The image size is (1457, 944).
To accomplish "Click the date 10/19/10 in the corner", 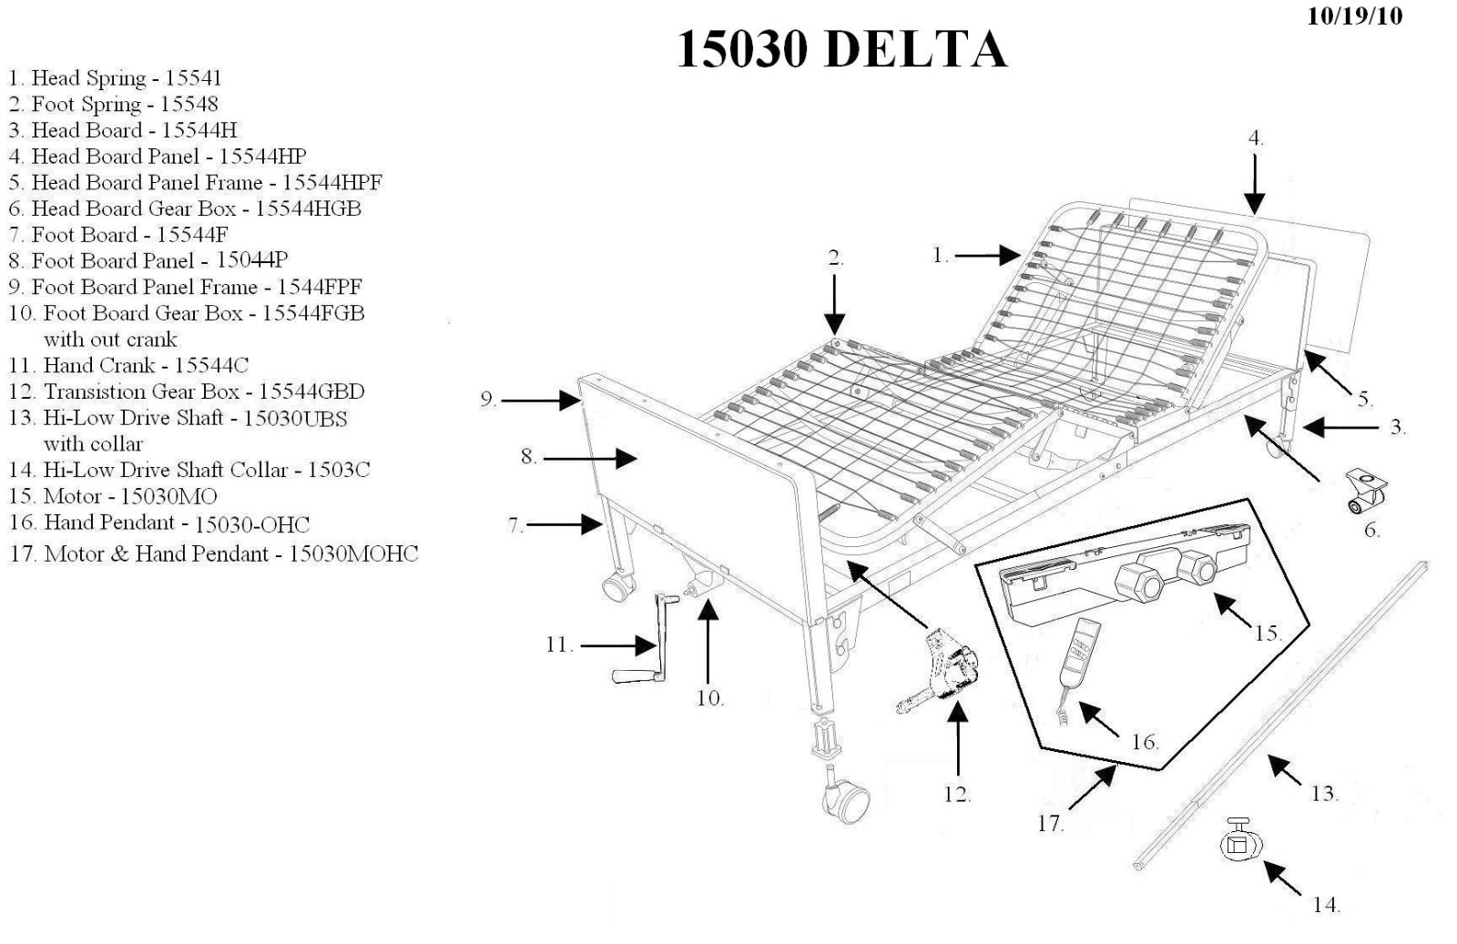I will click(x=1354, y=16).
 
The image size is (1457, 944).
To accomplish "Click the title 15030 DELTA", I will click(x=841, y=49).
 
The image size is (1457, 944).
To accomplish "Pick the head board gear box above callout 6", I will click(x=1365, y=492).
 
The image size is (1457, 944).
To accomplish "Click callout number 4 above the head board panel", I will click(x=1255, y=139).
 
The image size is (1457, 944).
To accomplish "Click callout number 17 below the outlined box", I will click(x=1050, y=823).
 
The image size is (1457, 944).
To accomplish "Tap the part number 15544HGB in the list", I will click(x=308, y=208).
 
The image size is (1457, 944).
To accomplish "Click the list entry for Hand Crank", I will click(x=127, y=365).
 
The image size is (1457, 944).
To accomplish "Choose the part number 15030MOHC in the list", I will click(x=353, y=553).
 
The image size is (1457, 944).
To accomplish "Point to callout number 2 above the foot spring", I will click(x=835, y=259).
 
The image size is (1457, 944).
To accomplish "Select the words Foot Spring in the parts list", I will click(x=87, y=104).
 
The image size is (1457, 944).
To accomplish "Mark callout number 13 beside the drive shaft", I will click(x=1323, y=794).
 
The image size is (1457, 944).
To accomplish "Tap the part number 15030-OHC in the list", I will click(x=252, y=524).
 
